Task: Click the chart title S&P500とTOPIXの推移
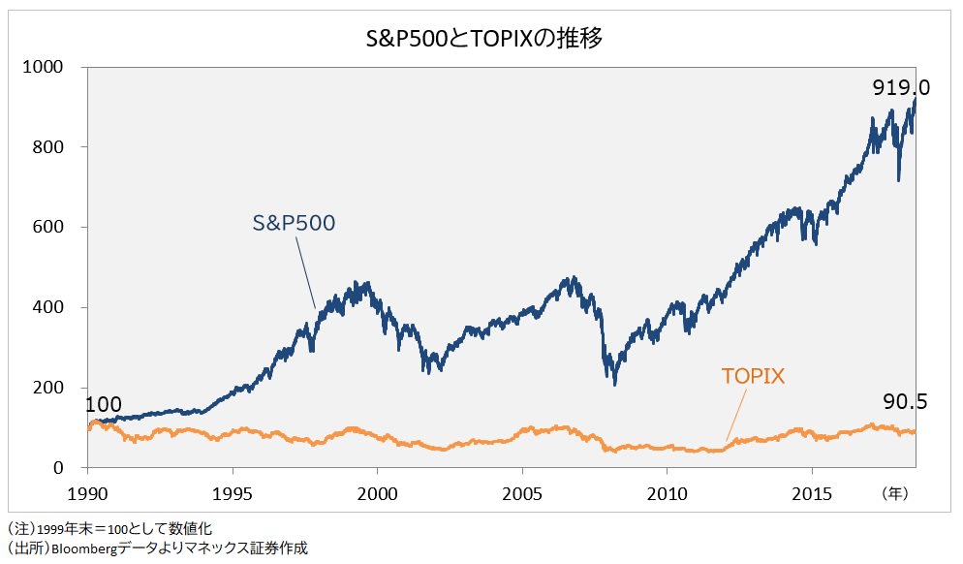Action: coord(481,39)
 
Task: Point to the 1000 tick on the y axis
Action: coord(43,67)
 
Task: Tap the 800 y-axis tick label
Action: coord(47,147)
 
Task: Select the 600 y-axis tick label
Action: coord(47,228)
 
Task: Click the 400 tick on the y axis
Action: coord(47,308)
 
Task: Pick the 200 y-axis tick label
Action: coord(47,389)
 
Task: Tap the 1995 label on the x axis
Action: coord(233,492)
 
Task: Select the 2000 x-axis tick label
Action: coord(378,492)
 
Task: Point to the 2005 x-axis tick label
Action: coord(522,492)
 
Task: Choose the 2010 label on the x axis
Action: coord(667,492)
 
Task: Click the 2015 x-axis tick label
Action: coord(812,492)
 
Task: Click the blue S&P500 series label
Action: coord(294,223)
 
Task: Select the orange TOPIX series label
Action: coord(753,376)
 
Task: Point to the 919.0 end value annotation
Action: coord(900,87)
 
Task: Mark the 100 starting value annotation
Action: coord(103,405)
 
